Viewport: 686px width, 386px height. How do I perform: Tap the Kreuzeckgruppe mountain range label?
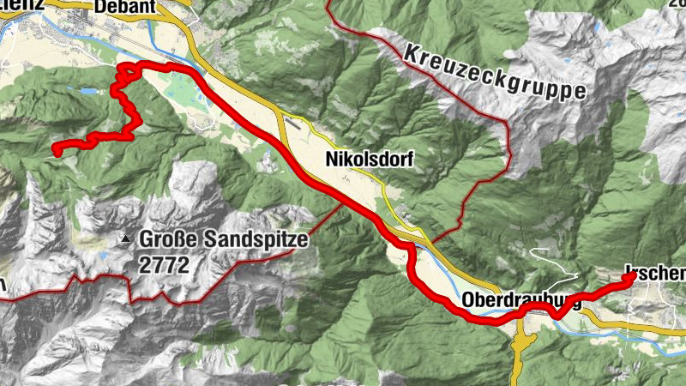point(493,68)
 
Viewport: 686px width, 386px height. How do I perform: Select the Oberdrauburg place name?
point(521,301)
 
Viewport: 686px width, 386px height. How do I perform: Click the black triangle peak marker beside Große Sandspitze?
point(127,239)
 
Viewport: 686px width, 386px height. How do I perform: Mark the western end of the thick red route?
point(55,152)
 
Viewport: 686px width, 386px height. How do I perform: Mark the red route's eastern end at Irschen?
point(632,276)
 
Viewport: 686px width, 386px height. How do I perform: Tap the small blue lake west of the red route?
point(88,90)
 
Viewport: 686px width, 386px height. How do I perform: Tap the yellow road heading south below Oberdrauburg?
point(521,347)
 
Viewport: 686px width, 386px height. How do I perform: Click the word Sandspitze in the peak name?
point(256,240)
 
